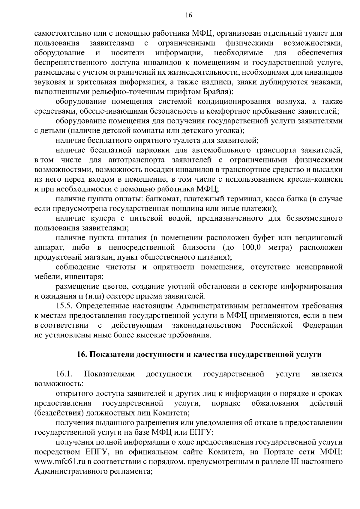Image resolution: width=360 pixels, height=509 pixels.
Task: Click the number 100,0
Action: coord(251,247)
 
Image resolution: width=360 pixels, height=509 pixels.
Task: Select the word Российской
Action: coord(272,325)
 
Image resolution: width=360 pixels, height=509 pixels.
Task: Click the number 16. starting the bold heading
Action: coord(82,355)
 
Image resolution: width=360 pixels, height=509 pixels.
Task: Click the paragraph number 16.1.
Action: coord(64,374)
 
